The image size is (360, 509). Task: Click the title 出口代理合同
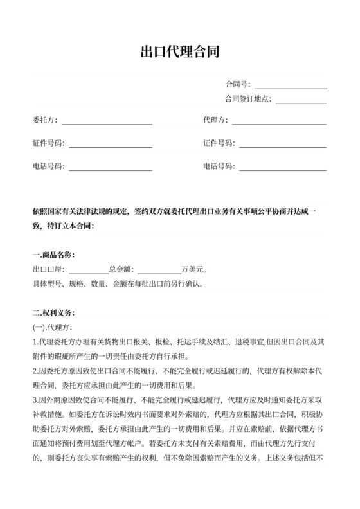click(x=180, y=52)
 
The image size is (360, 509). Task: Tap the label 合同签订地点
click(x=247, y=99)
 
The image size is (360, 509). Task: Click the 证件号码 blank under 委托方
click(x=111, y=143)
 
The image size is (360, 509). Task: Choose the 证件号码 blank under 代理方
click(x=283, y=143)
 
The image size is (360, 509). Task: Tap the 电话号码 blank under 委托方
click(x=111, y=166)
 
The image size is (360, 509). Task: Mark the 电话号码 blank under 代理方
click(x=283, y=166)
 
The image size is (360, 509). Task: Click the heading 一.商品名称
click(x=53, y=255)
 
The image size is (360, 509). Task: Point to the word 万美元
click(x=194, y=269)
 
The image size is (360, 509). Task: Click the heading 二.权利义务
click(x=53, y=314)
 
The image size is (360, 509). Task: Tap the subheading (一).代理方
click(x=49, y=328)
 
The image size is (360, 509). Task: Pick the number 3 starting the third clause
click(x=34, y=400)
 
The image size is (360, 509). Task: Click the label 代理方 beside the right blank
click(x=215, y=120)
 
